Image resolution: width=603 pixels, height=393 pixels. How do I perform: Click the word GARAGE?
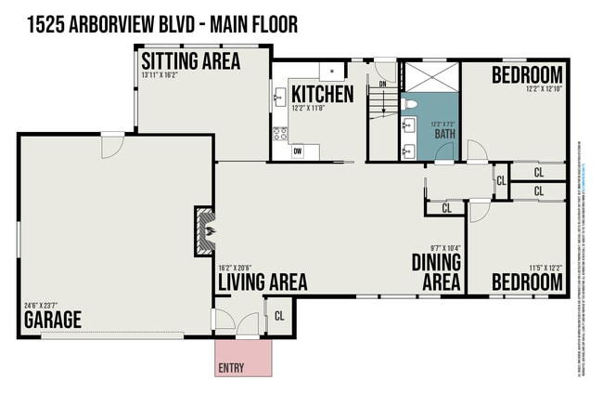click(x=52, y=321)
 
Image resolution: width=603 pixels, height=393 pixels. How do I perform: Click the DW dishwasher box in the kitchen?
click(x=298, y=150)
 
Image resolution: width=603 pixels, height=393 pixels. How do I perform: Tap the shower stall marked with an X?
click(x=430, y=76)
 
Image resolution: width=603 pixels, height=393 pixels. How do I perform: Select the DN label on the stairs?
click(x=381, y=84)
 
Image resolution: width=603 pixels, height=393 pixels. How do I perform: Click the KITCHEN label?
click(x=322, y=94)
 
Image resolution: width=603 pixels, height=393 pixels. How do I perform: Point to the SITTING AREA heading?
click(x=190, y=62)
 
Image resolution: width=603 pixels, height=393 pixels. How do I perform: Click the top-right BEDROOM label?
click(x=527, y=74)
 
